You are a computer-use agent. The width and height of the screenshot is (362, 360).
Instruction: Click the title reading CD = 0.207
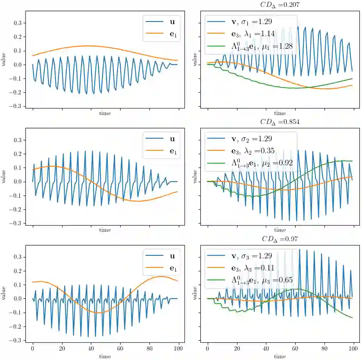point(280,5)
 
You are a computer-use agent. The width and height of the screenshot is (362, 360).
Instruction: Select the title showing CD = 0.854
point(280,122)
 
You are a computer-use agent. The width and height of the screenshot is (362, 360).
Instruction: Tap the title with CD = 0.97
point(280,239)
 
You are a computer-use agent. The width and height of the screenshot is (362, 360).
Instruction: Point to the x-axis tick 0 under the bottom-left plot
point(33,348)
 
